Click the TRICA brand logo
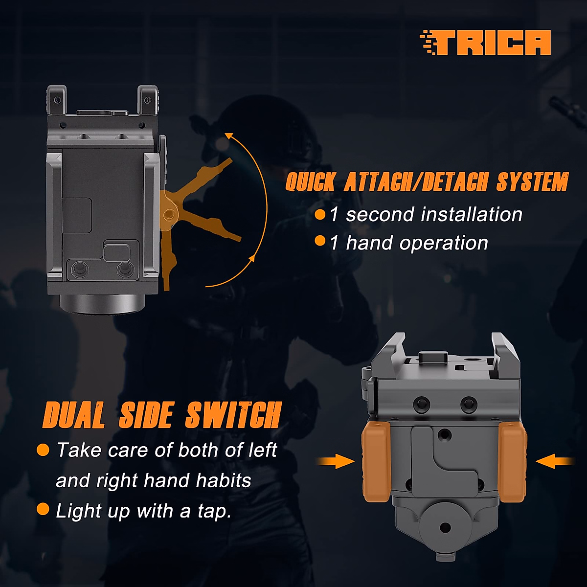coord(485,43)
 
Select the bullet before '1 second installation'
coord(320,214)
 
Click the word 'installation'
coord(471,214)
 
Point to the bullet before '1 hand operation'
coord(320,241)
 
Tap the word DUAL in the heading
coord(74,416)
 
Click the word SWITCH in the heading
coord(233,416)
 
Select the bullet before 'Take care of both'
coord(43,450)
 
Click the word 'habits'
coord(224,481)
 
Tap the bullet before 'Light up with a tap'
coord(43,509)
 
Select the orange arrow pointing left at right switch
coord(555,461)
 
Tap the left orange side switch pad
coord(376,461)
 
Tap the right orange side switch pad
coord(512,461)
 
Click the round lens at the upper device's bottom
coord(103,304)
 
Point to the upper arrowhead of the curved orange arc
coord(228,135)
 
